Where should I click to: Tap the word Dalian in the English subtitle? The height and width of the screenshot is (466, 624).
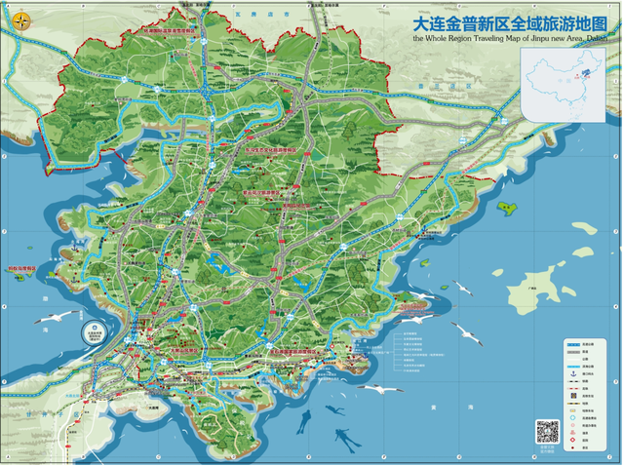click(x=592, y=40)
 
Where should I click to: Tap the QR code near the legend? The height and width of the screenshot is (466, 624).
click(x=547, y=430)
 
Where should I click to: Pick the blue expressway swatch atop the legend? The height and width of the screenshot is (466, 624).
click(x=575, y=344)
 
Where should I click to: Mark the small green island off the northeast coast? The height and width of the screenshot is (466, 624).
click(x=507, y=207)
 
